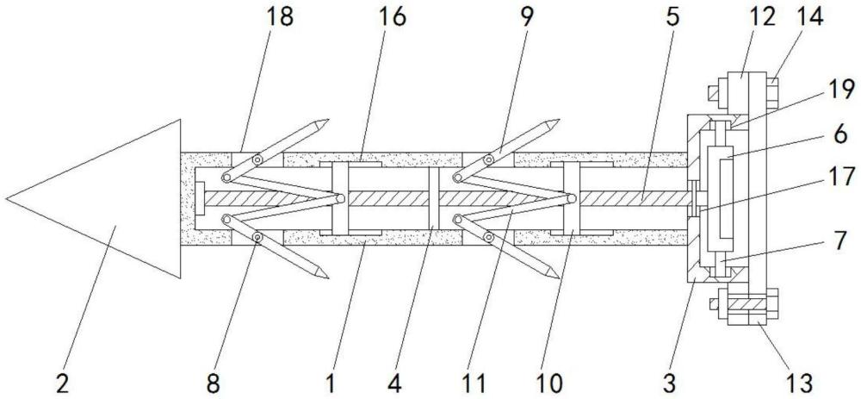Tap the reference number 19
(841, 89)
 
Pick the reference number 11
(474, 380)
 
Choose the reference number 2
(62, 380)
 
